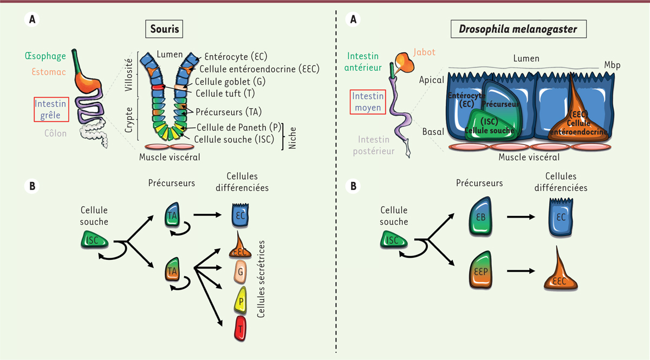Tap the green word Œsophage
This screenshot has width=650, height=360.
pos(45,56)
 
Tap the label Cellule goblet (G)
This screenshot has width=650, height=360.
pos(222,81)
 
